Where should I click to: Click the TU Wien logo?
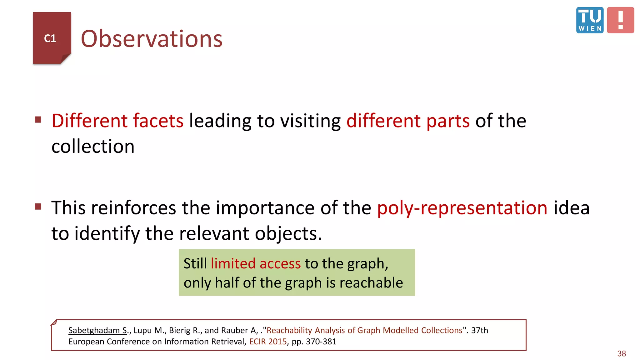click(x=590, y=20)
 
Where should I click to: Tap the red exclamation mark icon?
click(x=620, y=20)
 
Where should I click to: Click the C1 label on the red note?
click(x=50, y=38)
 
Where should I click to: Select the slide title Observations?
click(x=152, y=39)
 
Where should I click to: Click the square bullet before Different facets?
click(x=38, y=120)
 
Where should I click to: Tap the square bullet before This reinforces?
click(x=38, y=207)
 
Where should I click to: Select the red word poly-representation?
click(x=462, y=208)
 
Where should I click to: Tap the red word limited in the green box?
click(x=233, y=263)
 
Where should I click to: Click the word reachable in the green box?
click(x=371, y=283)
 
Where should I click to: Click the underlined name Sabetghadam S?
click(x=97, y=330)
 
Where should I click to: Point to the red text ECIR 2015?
click(x=268, y=342)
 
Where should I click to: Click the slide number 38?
click(x=622, y=353)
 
